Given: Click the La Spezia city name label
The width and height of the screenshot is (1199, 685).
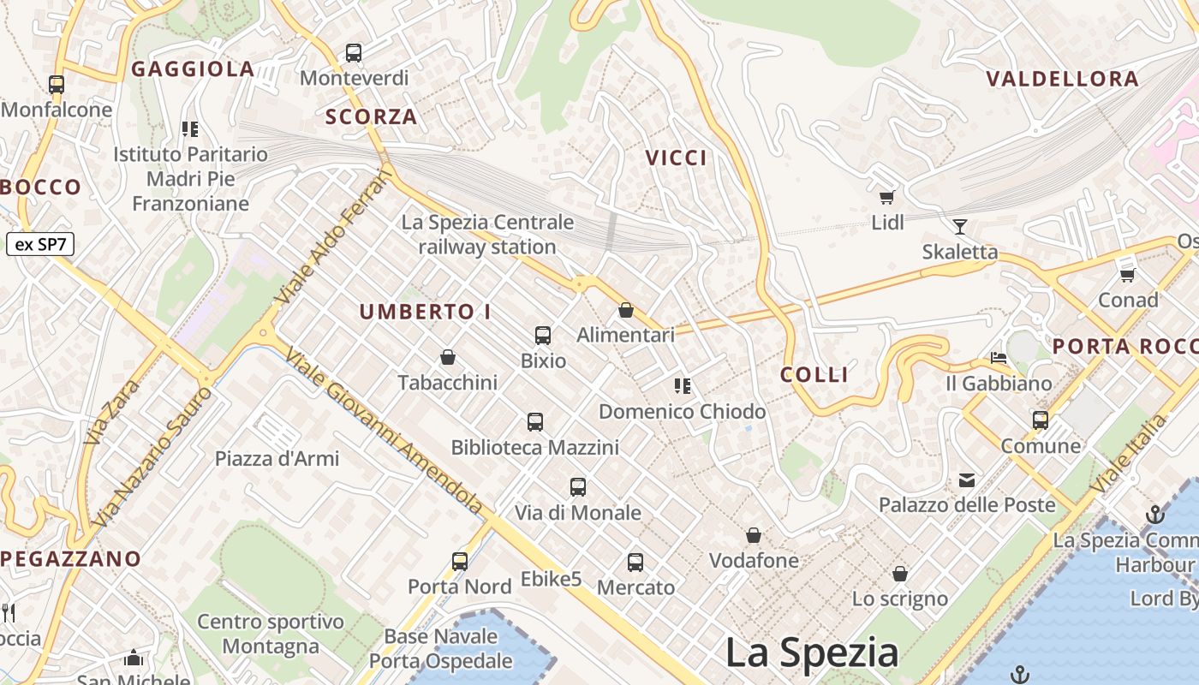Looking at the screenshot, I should point(811,652).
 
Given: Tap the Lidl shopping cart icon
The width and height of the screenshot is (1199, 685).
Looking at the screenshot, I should point(887,198).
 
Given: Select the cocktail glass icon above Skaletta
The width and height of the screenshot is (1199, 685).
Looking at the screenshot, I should point(960,227).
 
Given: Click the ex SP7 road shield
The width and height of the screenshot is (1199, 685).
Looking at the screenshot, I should point(40,244).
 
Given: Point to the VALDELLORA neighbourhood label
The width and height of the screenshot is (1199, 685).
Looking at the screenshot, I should point(1062,80).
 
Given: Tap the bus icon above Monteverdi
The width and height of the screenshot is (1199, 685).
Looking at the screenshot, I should point(354,53).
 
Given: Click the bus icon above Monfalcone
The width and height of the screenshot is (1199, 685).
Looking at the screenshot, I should point(57,85).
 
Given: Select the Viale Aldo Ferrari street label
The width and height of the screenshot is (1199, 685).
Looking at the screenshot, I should point(334,237).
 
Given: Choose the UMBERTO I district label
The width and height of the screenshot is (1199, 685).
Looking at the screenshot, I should point(425,313).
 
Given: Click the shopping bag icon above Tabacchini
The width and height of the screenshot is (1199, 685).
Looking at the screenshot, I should point(447,357).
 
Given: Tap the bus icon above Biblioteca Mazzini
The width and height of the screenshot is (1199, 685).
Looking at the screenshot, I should point(535,422).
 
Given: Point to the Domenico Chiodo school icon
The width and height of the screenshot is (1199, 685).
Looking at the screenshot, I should point(682,386).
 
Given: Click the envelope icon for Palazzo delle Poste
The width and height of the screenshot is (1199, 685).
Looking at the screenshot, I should point(967,480).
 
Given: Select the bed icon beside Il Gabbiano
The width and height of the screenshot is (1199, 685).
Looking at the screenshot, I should point(999,357).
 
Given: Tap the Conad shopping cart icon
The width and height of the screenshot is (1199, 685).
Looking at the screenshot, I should point(1128,275).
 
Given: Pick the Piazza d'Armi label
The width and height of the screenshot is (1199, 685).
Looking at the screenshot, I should point(277,459).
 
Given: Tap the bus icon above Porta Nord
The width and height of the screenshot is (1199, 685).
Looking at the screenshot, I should point(460,562).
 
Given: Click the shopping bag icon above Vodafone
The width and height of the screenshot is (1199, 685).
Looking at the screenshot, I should point(754,536).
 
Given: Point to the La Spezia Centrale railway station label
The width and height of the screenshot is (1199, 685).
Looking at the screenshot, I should point(487,235).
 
